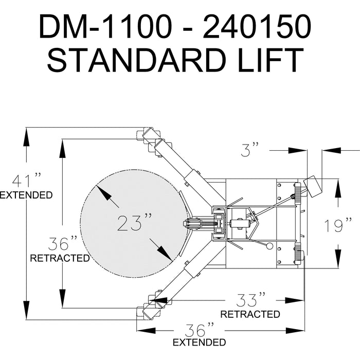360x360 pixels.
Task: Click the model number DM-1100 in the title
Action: [x=105, y=26]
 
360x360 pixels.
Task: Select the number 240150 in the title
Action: [x=257, y=26]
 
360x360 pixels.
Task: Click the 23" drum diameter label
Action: [x=135, y=222]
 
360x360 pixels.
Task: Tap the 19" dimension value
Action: [x=338, y=225]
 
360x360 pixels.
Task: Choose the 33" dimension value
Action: [x=251, y=299]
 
